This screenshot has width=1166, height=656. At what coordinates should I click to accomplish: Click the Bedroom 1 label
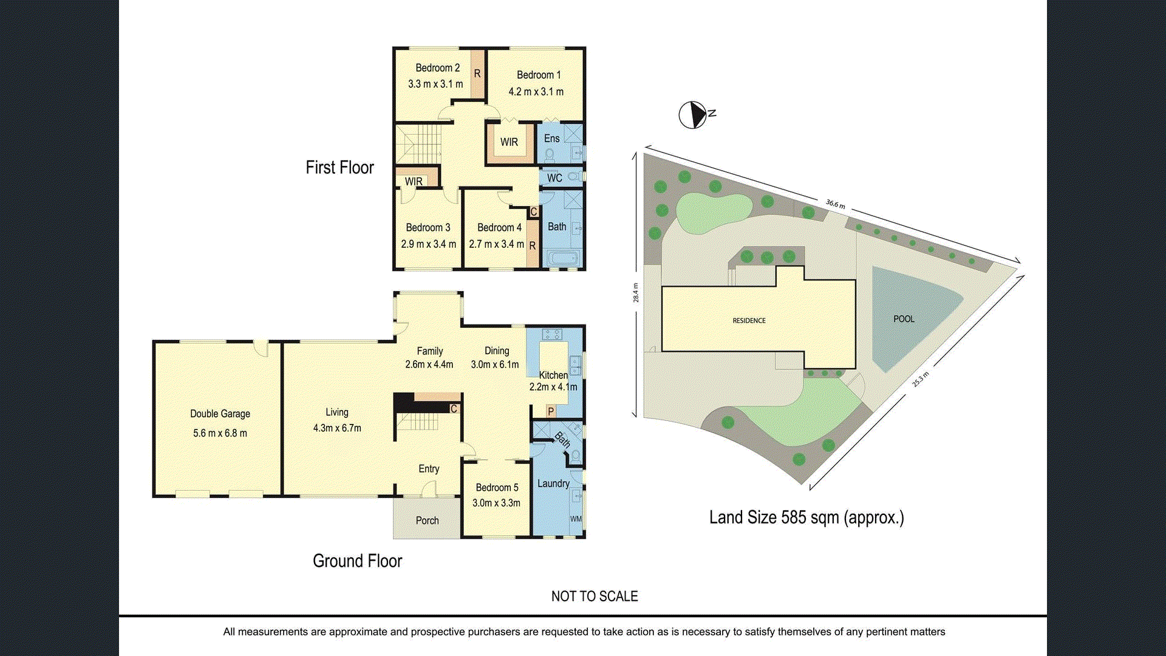click(539, 75)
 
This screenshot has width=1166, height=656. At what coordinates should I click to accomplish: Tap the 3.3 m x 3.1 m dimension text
click(435, 84)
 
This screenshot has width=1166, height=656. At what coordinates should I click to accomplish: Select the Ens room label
click(551, 138)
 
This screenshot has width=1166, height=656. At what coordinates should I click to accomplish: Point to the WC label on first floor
click(554, 178)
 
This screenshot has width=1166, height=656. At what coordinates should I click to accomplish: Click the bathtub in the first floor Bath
click(562, 259)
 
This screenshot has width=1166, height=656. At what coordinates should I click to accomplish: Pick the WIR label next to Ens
click(509, 142)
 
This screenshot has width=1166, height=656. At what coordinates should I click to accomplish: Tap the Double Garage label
click(220, 414)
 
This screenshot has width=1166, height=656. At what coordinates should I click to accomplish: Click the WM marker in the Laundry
click(576, 519)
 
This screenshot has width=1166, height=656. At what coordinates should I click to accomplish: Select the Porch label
click(427, 521)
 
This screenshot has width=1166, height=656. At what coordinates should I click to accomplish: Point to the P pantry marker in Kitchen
click(551, 411)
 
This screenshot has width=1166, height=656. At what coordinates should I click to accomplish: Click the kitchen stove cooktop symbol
click(552, 334)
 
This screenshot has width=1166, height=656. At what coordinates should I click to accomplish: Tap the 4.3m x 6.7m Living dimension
click(337, 428)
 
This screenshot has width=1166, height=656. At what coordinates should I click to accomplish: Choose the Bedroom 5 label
click(497, 488)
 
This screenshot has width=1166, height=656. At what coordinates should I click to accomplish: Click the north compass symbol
click(693, 115)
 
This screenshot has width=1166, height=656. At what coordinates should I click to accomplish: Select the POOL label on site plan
click(904, 319)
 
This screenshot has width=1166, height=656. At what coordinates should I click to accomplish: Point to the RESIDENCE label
click(749, 321)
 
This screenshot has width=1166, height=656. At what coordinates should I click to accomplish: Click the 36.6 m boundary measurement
click(835, 204)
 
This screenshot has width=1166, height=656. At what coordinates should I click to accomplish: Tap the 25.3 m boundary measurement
click(920, 379)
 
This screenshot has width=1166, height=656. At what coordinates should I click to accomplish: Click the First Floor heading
click(339, 168)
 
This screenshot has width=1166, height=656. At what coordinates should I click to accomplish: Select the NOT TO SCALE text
click(595, 596)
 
